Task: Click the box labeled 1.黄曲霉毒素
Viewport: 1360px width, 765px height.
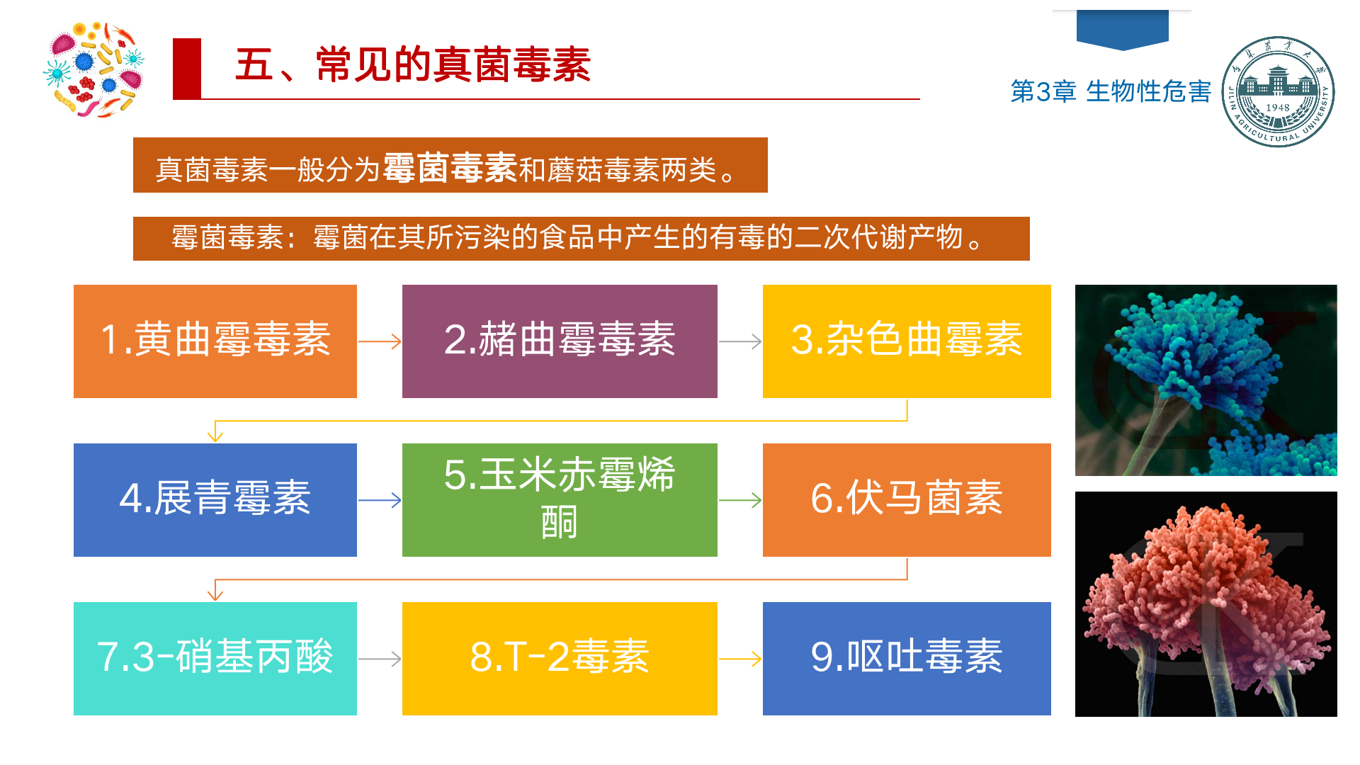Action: tap(215, 341)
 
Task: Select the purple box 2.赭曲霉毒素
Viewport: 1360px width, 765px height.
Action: tap(560, 341)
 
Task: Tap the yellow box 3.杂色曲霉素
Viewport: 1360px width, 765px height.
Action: tap(907, 341)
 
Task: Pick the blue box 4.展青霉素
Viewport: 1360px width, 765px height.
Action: tap(215, 500)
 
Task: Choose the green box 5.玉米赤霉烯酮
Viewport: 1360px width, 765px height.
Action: tap(560, 500)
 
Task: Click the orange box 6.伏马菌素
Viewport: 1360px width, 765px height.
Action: tap(907, 500)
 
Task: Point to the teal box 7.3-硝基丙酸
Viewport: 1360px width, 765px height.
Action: tap(215, 659)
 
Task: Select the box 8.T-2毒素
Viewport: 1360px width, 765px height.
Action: tap(560, 659)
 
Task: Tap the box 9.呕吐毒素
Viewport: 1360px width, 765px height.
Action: tap(907, 659)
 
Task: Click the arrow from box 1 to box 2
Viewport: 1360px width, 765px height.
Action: tap(380, 341)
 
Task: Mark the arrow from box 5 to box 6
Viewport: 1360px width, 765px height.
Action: tap(740, 500)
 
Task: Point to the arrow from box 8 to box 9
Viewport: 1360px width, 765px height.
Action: tap(740, 659)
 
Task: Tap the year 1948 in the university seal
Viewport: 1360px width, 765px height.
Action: tap(1278, 108)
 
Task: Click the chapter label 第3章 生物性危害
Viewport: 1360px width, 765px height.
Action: tap(1111, 91)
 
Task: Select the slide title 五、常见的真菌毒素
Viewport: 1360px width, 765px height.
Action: tap(413, 64)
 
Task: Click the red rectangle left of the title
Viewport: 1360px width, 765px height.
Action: tap(187, 69)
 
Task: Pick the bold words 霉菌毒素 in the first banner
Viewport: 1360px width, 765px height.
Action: tap(450, 168)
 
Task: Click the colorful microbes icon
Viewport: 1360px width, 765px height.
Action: tap(93, 69)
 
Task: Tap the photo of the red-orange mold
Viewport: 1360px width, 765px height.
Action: tap(1206, 604)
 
